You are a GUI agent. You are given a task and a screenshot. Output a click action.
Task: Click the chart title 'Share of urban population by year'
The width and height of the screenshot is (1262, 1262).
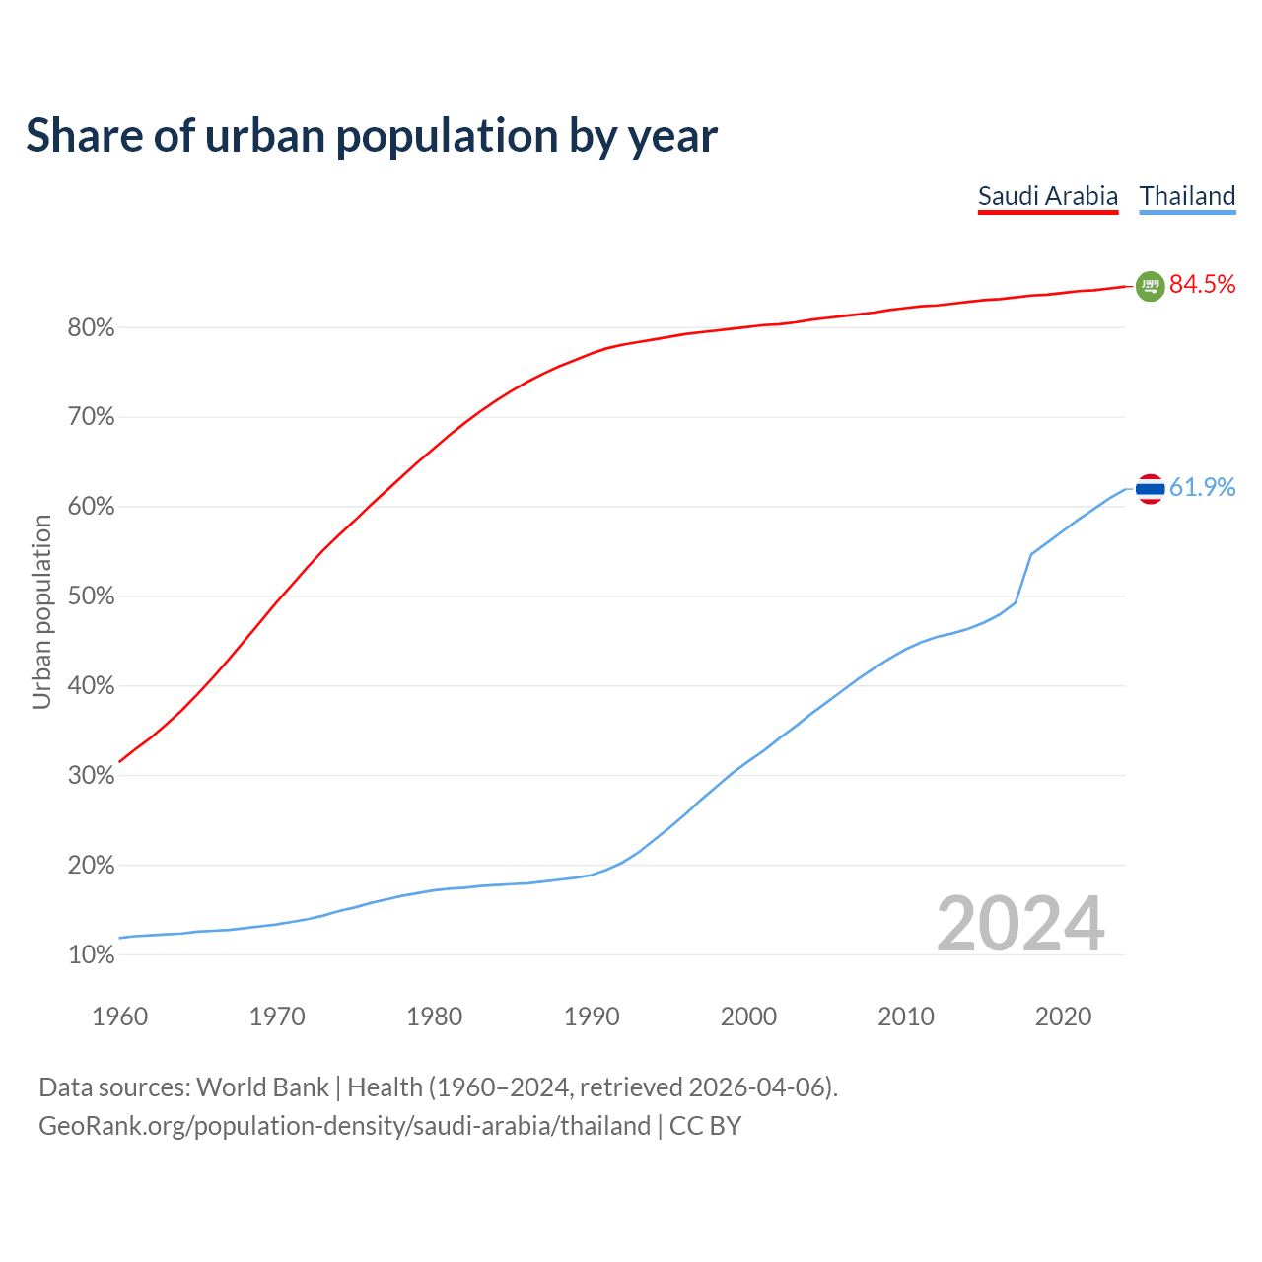click(x=372, y=136)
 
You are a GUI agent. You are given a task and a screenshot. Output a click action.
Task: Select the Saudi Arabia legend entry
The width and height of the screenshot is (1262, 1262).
click(x=1048, y=196)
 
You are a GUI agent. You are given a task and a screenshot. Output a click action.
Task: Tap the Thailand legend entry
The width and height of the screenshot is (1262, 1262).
click(x=1187, y=196)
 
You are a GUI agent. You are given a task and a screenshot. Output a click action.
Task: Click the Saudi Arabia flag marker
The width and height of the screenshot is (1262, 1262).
click(x=1150, y=286)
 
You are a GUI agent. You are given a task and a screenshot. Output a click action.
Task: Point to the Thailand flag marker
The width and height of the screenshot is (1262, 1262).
click(x=1150, y=488)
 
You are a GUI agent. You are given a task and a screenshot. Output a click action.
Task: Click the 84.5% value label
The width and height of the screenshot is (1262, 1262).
click(x=1202, y=285)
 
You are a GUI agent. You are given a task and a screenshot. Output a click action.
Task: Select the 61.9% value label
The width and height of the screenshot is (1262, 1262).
click(x=1202, y=487)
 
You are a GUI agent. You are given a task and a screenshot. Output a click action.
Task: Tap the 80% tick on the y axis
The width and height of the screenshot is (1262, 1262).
click(x=91, y=328)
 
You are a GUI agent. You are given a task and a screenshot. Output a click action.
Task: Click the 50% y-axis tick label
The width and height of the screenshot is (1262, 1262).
click(x=91, y=596)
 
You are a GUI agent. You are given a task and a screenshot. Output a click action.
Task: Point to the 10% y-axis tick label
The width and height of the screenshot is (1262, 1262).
click(x=91, y=955)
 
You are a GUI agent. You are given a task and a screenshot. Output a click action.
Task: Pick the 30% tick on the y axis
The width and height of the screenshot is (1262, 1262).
click(x=91, y=776)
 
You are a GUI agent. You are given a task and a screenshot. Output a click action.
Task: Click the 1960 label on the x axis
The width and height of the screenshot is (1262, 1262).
click(x=119, y=1017)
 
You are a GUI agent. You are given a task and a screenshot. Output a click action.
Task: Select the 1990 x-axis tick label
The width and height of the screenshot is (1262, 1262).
click(x=592, y=1017)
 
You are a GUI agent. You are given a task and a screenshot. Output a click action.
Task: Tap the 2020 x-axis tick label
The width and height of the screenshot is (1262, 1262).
click(x=1063, y=1017)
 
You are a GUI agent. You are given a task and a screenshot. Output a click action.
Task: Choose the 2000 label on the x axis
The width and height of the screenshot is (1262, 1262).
click(x=748, y=1017)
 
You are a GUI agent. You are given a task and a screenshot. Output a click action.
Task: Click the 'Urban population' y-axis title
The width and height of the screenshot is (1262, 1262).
click(x=41, y=611)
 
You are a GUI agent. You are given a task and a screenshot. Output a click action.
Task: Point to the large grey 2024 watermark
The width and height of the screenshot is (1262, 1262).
click(x=1020, y=924)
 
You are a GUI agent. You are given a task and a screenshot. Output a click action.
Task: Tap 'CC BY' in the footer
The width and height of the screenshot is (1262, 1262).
click(x=705, y=1126)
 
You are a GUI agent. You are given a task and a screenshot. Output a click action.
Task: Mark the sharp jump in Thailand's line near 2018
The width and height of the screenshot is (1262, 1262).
click(x=1023, y=578)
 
